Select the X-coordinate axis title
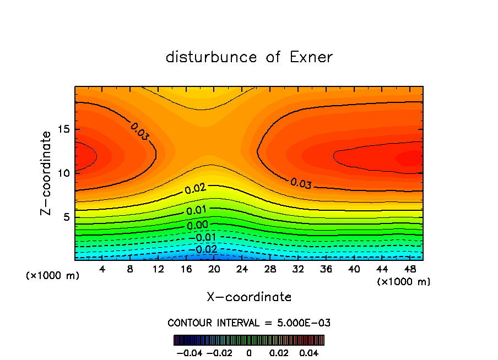[249, 297]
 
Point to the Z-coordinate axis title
[48, 173]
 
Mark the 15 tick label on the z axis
[63, 130]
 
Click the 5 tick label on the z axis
[66, 217]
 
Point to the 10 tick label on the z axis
[63, 173]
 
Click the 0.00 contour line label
[197, 225]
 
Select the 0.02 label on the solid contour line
[195, 189]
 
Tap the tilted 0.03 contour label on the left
[140, 132]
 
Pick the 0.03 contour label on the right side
[301, 183]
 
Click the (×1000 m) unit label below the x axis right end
[403, 282]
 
